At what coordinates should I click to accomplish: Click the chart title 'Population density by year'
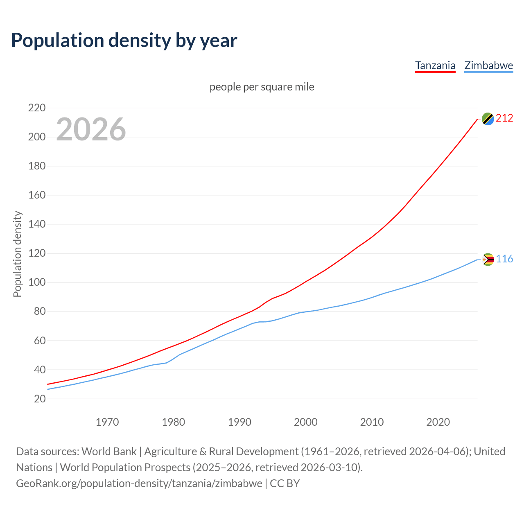(124, 40)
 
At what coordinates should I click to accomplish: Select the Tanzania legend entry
(435, 65)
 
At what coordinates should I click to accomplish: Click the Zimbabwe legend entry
(488, 65)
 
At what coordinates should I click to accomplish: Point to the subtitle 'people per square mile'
(262, 87)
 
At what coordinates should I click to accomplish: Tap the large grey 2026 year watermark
(91, 129)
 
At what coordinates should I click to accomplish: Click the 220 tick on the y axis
(36, 108)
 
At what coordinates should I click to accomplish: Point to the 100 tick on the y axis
(36, 282)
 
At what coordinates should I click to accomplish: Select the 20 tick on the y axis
(39, 399)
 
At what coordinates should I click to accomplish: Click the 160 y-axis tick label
(36, 195)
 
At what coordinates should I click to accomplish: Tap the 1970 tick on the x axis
(107, 422)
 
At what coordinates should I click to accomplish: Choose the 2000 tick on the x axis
(306, 422)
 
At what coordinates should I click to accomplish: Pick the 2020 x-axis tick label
(438, 422)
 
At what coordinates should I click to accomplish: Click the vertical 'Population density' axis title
(17, 254)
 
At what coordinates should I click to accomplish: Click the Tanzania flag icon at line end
(488, 119)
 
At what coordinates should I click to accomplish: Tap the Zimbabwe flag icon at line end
(488, 259)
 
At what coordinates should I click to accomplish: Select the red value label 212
(504, 118)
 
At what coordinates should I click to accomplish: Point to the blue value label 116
(504, 259)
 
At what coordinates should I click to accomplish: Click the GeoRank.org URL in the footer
(139, 483)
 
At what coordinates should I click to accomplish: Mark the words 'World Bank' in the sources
(109, 452)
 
